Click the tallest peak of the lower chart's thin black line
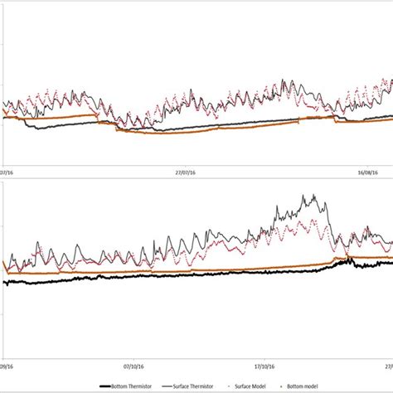(314, 196)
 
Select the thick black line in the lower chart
(166, 276)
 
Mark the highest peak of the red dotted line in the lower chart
(312, 220)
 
